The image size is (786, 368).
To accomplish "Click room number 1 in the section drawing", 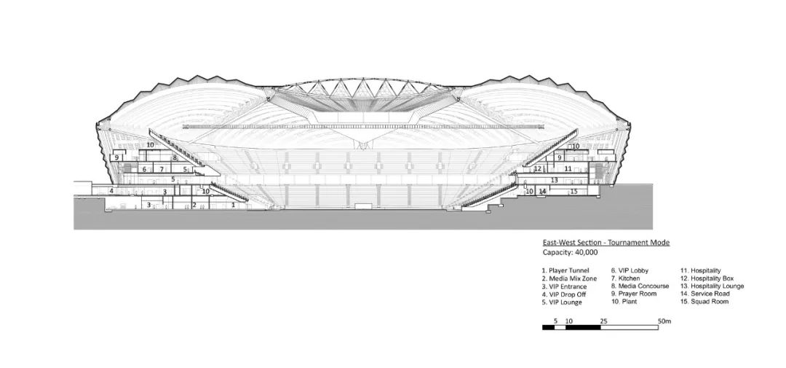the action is pos(234,205).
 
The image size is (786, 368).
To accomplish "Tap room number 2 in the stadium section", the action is pos(194,205).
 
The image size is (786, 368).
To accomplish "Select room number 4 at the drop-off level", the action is pos(111,191).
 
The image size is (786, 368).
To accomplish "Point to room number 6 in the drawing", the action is pos(144,170).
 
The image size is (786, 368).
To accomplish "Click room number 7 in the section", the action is pos(162,170).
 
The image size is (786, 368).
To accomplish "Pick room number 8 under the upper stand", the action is pos(175,157).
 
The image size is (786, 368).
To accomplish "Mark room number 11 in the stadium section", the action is pos(568,169).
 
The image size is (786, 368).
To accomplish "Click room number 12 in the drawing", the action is pos(538,168).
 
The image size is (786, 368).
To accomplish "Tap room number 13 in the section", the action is pos(555,180).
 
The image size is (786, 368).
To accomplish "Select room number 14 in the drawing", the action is pos(542,191).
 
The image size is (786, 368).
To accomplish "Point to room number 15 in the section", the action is pos(574,191).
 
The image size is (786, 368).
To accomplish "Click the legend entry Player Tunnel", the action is pos(565,270).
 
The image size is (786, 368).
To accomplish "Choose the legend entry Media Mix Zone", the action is pos(569,278).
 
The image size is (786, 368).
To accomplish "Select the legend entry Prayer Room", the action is pos(634,294).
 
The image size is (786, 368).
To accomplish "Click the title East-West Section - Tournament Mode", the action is pos(606,243).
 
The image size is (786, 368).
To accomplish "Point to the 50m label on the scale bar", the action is pos(664,321).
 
